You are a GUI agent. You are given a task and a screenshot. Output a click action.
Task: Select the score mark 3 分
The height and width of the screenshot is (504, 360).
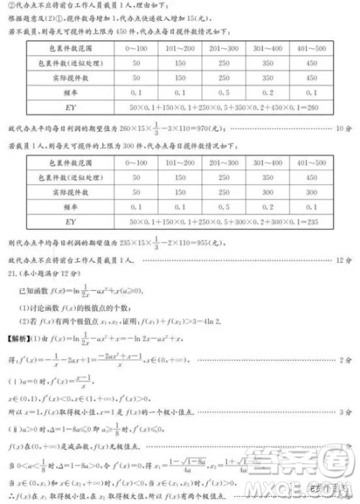pyautogui.click(x=344, y=412)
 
